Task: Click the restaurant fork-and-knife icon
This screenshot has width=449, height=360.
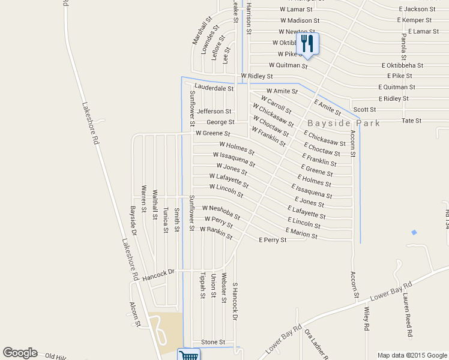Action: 307,43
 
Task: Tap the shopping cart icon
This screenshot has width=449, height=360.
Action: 188,355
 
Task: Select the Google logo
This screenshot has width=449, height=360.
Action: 20,353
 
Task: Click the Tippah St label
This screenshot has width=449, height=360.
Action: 202,286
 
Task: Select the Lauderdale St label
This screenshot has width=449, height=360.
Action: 214,88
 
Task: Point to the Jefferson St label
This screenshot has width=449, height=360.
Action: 214,111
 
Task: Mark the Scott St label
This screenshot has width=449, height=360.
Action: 364,109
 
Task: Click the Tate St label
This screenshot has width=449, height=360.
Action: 411,121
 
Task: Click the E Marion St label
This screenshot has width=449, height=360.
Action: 302,233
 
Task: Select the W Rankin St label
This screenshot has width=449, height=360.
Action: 216,233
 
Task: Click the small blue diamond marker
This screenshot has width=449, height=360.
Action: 414,232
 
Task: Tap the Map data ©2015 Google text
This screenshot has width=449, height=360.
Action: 411,355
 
